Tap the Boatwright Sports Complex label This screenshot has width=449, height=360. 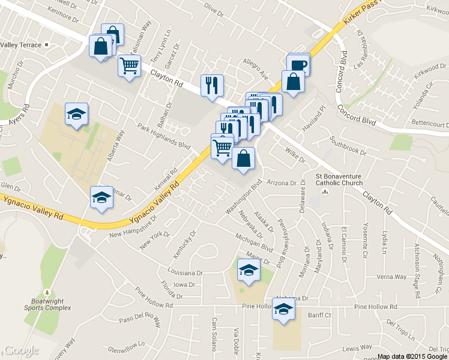tap(51, 304)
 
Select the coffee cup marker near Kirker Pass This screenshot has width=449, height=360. tap(298, 64)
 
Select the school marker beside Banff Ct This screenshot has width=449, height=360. tap(283, 308)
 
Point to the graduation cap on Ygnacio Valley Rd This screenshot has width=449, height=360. tap(101, 197)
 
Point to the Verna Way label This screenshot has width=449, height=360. tap(391, 277)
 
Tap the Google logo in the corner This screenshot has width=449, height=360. tap(22, 350)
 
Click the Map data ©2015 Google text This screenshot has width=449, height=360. tap(412, 355)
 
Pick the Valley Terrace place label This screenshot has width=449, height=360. tap(20, 45)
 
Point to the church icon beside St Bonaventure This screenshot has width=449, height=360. tap(325, 192)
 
